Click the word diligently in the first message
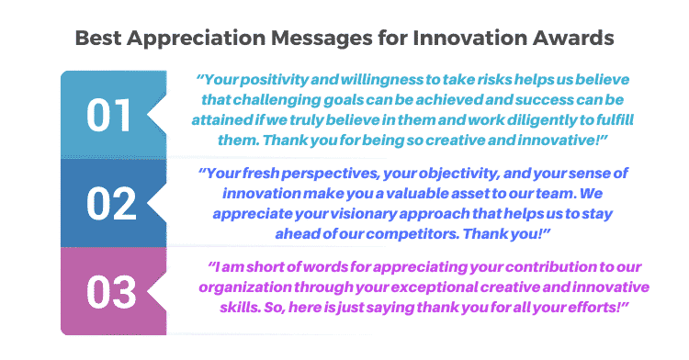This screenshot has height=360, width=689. coord(510,120)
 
